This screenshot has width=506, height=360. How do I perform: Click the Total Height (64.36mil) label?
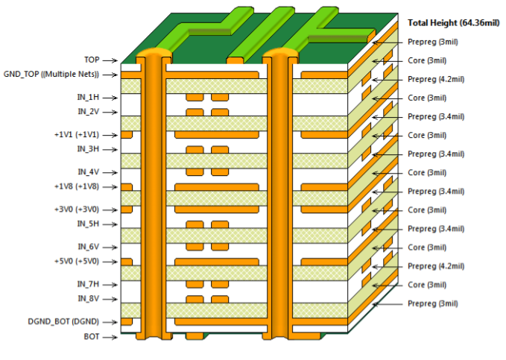click(453, 24)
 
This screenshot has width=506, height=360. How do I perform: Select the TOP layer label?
click(92, 60)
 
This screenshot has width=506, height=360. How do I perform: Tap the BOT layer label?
click(92, 337)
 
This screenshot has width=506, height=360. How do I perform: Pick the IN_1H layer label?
click(87, 97)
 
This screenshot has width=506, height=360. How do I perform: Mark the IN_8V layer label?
click(87, 299)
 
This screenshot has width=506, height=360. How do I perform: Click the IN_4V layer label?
click(87, 171)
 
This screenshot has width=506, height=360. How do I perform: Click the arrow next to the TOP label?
click(110, 60)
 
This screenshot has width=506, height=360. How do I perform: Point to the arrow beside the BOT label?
click(110, 338)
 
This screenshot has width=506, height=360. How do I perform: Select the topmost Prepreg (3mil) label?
click(433, 42)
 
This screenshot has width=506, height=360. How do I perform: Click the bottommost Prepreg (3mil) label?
click(433, 303)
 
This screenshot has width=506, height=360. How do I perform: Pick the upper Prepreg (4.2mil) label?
click(437, 79)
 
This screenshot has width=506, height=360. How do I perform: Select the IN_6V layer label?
click(87, 246)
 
